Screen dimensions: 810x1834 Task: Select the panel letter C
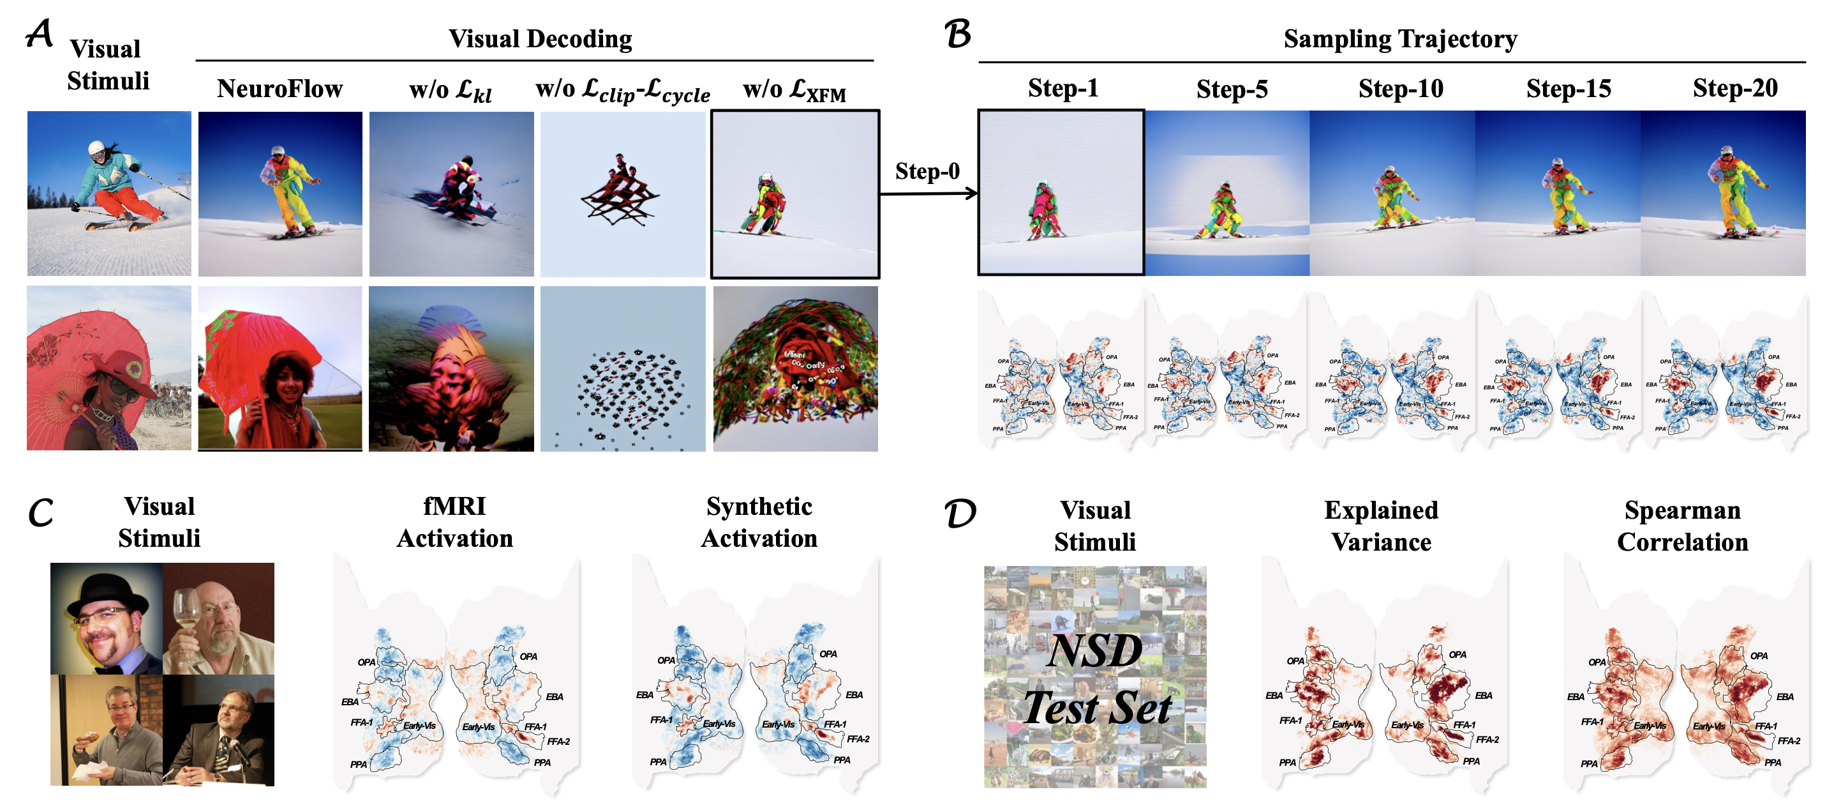tap(41, 512)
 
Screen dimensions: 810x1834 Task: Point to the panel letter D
tap(960, 513)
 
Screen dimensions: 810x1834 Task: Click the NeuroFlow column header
tap(280, 89)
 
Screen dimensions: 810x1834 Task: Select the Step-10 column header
tap(1401, 89)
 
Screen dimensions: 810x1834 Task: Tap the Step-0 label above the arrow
tap(927, 171)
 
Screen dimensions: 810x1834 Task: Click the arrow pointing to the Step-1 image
tap(928, 193)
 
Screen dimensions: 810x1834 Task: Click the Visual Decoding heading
tap(540, 38)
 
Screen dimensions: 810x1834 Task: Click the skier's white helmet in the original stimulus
tap(97, 148)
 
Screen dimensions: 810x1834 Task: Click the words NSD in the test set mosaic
tap(1094, 650)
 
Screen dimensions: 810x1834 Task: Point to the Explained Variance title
tap(1380, 526)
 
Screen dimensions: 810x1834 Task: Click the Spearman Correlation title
tap(1681, 526)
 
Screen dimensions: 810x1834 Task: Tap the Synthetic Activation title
tap(759, 522)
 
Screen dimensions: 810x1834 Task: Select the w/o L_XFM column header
tap(794, 91)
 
